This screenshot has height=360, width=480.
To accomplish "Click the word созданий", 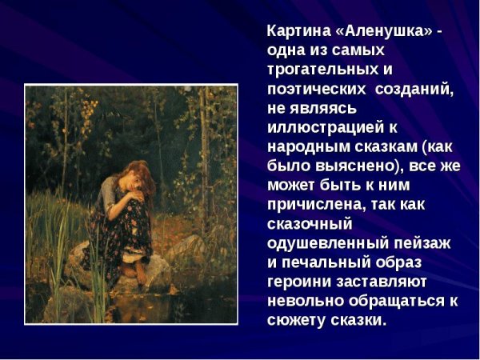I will (x=416, y=89).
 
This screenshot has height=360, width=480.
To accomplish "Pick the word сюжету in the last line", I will (x=296, y=319).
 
